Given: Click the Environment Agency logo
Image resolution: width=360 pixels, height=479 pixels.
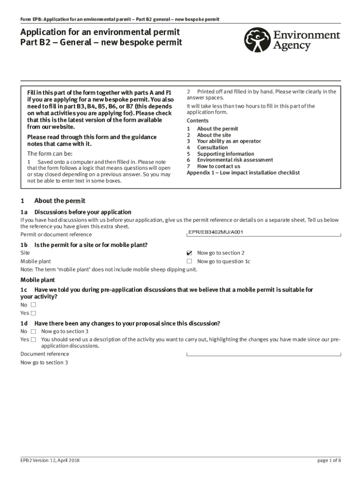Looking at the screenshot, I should pos(292,40).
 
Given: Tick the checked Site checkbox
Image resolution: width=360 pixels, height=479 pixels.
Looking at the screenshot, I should pos(189,253).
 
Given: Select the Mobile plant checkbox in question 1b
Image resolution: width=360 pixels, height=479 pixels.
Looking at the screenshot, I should pos(189,261).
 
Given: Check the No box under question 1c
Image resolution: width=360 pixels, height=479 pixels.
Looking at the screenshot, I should pos(33,305).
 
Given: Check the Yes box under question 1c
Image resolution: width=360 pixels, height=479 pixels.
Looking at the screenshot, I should pos(33,313).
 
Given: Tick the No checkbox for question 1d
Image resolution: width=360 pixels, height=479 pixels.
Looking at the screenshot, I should pos(33,332).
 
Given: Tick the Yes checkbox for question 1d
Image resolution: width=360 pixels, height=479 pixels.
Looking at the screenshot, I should pos(33,340).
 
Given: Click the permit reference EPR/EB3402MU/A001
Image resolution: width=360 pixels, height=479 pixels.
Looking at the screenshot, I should pos(216,232).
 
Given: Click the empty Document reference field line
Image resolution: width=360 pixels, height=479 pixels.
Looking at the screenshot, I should pos(263,355).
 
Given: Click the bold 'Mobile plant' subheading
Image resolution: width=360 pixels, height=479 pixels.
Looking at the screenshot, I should pos(37,280).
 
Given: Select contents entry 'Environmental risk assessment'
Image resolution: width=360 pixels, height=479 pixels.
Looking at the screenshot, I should pos(235,160).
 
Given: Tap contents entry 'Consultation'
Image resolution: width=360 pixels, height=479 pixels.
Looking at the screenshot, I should pos(212,147).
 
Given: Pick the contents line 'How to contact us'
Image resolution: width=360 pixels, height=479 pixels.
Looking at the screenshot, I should pos(218,166).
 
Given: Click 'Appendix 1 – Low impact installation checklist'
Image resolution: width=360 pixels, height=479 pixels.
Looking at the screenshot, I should pos(243,173).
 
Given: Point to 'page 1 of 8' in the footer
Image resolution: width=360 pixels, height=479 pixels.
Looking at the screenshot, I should pos(329,461).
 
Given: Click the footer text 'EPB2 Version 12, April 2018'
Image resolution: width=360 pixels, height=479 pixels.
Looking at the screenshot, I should pos(50,461).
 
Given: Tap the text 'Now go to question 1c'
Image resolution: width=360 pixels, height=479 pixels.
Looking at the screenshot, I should pos(223,261).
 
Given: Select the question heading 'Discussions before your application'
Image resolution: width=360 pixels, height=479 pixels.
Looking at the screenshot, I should pos(83,212).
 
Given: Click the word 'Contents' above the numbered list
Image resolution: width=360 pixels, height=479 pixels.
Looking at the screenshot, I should pos(197,121).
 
